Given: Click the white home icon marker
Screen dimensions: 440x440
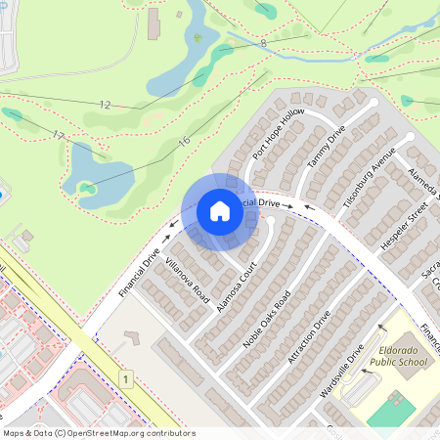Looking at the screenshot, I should [x=220, y=211].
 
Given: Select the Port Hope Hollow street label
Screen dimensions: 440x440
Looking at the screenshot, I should [x=279, y=135].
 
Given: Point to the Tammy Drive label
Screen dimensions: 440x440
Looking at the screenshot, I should [x=327, y=147].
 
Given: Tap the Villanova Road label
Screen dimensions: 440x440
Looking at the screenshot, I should [x=188, y=279].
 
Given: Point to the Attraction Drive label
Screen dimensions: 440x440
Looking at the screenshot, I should [x=309, y=338].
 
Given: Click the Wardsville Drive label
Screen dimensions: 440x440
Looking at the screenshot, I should [x=342, y=371].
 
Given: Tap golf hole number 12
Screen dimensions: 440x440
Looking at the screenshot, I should [x=106, y=103].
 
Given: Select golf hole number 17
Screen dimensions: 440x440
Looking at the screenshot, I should [x=59, y=135].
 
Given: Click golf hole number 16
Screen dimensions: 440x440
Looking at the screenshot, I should [x=184, y=142].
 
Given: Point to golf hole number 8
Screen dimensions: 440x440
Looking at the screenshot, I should [x=263, y=43].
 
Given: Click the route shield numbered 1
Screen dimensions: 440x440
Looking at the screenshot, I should [x=126, y=377].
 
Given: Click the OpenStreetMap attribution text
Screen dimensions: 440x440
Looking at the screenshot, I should [x=99, y=433].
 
